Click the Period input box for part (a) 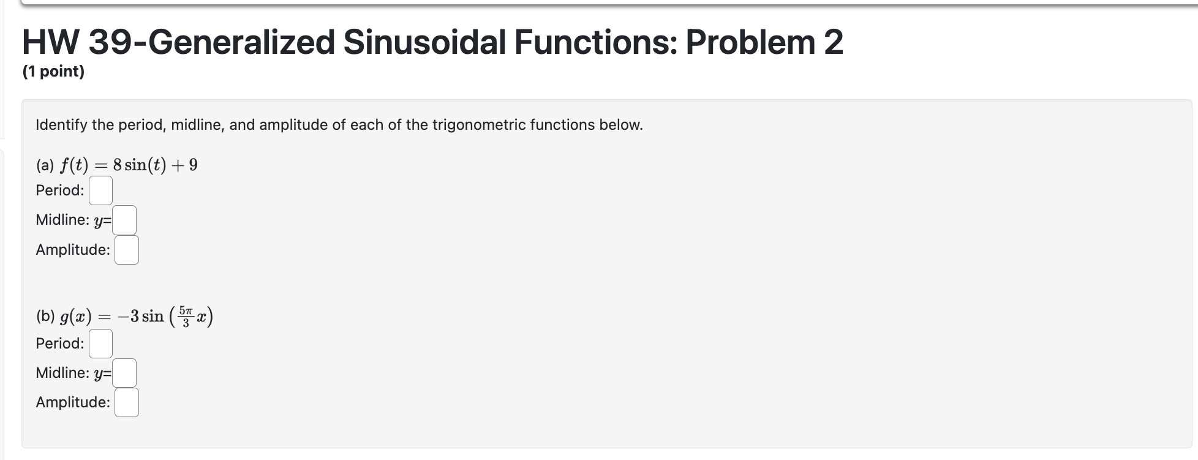tap(100, 190)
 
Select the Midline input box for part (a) tap(124, 221)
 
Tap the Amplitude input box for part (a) tap(127, 250)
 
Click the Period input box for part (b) tap(100, 344)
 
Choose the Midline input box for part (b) tap(124, 373)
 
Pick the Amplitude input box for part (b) tap(127, 402)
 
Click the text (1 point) tap(53, 72)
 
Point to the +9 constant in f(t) tap(187, 165)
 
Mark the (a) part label tap(45, 165)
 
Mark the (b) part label tap(45, 317)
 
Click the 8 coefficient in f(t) tap(118, 165)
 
